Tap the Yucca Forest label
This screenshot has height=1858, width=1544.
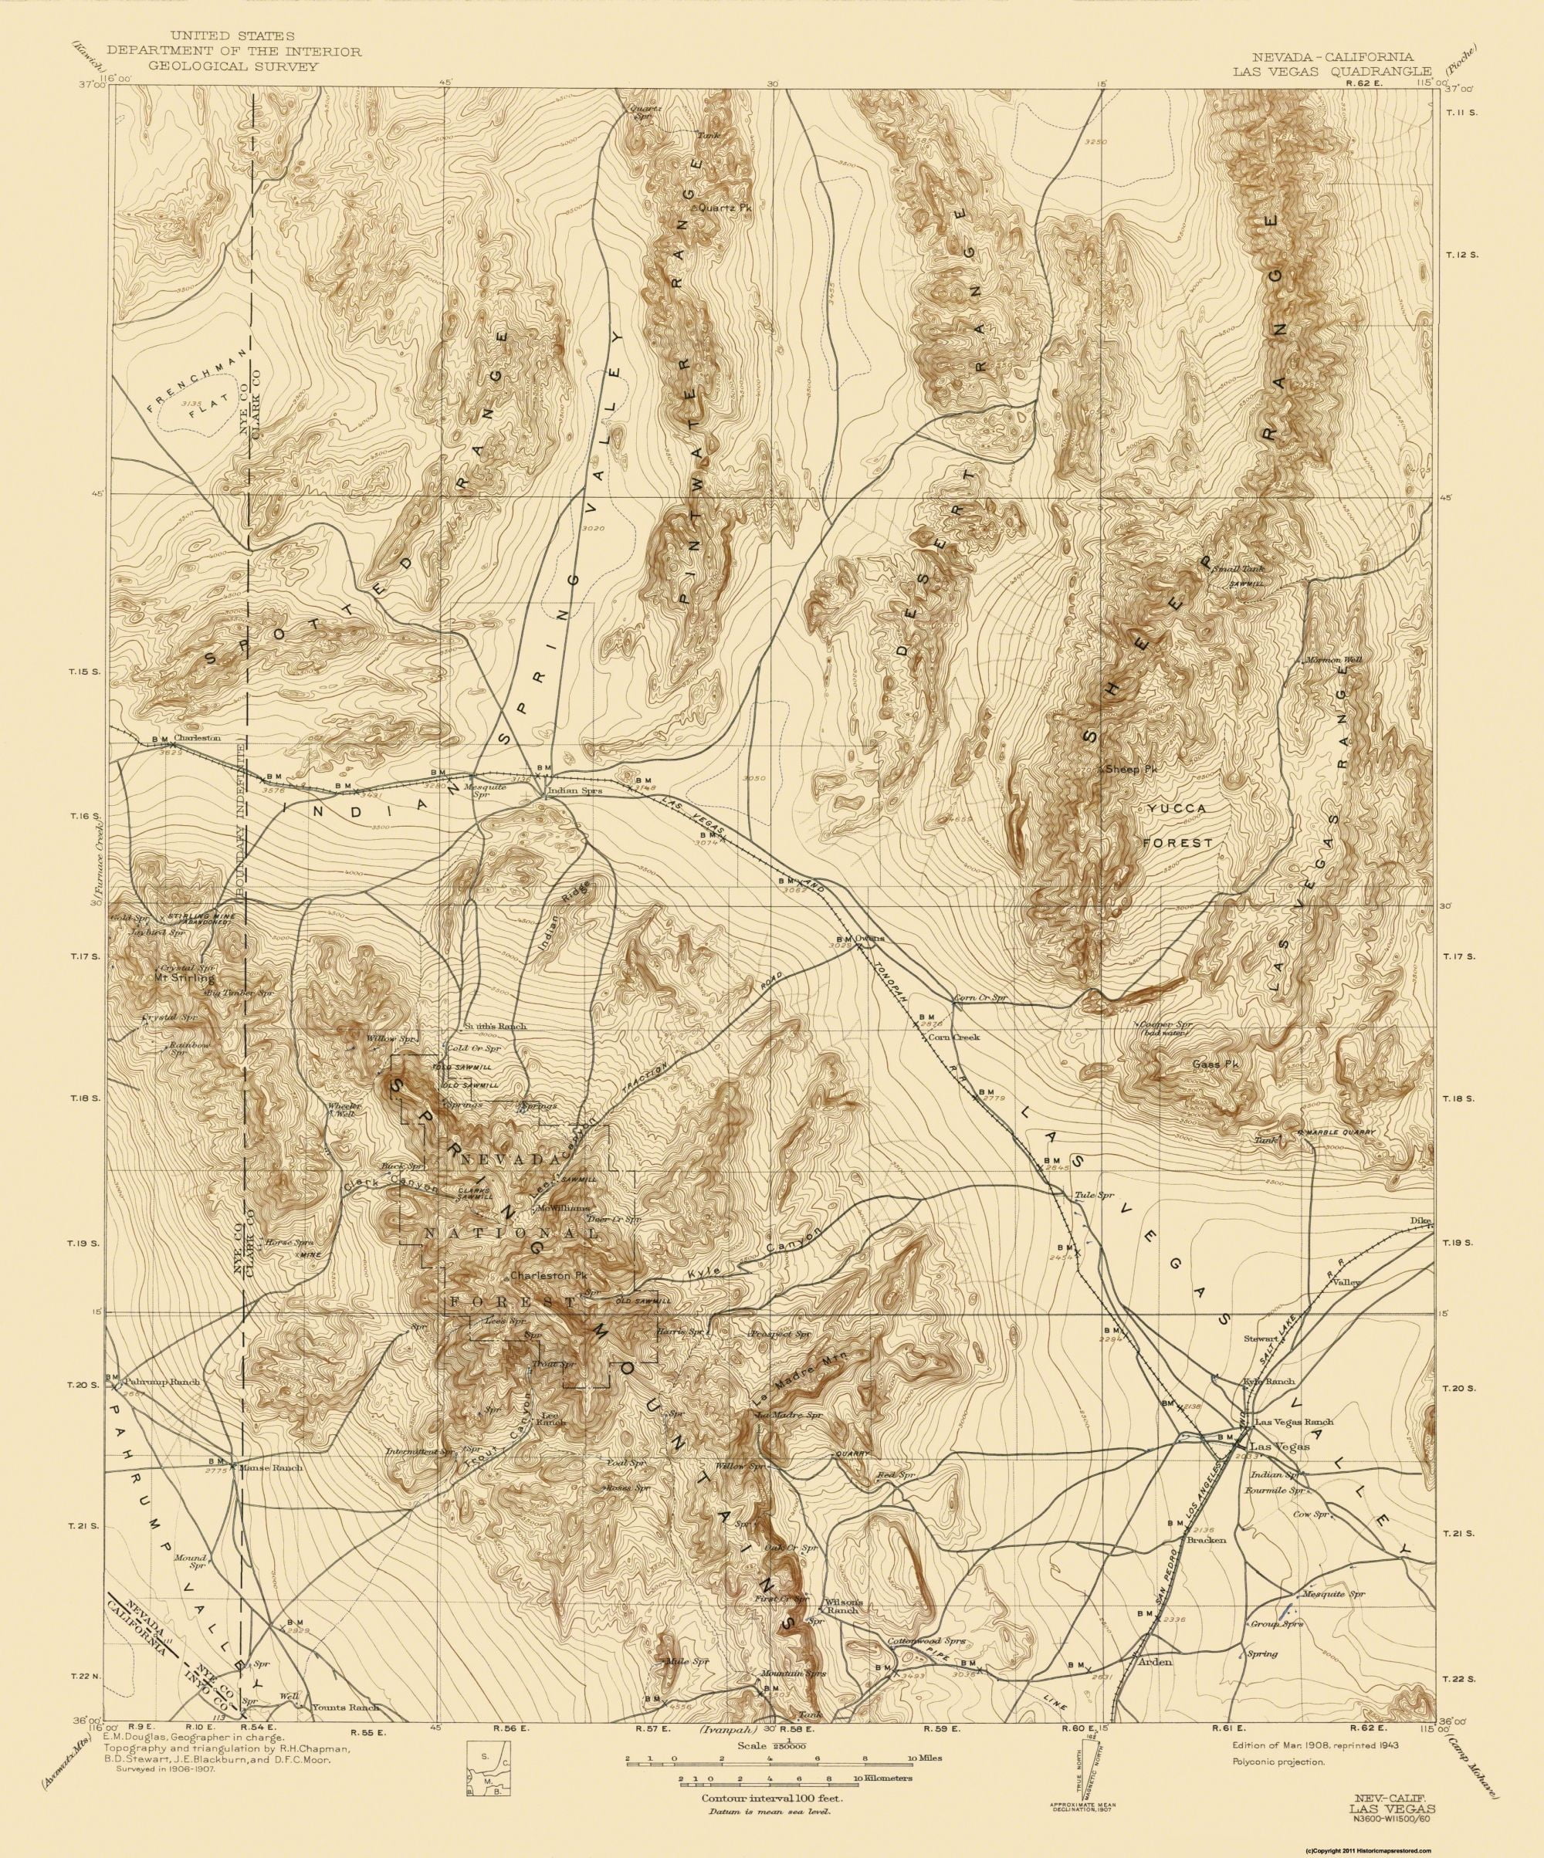(1176, 825)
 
